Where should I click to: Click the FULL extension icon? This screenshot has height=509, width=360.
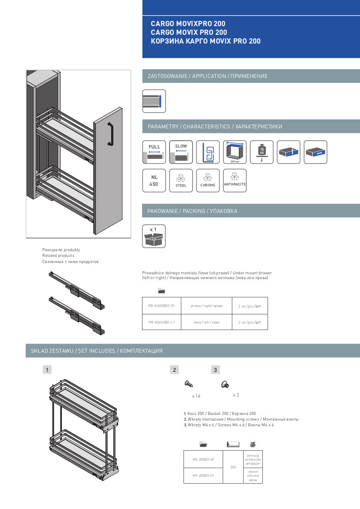pyautogui.click(x=154, y=152)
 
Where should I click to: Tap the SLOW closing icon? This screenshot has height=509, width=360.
pyautogui.click(x=181, y=152)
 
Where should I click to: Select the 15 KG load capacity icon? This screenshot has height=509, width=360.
pyautogui.click(x=262, y=152)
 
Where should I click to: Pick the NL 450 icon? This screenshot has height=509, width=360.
pyautogui.click(x=154, y=180)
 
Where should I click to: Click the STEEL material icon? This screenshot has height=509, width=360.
pyautogui.click(x=181, y=180)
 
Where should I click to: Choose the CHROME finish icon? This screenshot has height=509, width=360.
pyautogui.click(x=208, y=180)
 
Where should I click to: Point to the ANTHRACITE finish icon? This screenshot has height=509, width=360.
pyautogui.click(x=235, y=180)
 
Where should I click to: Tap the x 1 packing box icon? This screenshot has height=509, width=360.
pyautogui.click(x=154, y=236)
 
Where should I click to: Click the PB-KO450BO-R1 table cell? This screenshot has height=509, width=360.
pyautogui.click(x=161, y=306)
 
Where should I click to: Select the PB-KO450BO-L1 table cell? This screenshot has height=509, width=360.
pyautogui.click(x=161, y=322)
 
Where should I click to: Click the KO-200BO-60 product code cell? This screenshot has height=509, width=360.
pyautogui.click(x=203, y=459)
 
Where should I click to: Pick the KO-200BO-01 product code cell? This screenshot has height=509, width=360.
pyautogui.click(x=203, y=475)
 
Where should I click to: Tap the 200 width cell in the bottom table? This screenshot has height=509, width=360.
pyautogui.click(x=233, y=467)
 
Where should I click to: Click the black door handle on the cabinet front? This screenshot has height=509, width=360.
pyautogui.click(x=110, y=134)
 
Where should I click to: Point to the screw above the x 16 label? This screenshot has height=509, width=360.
pyautogui.click(x=189, y=384)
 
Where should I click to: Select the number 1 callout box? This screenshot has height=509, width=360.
pyautogui.click(x=47, y=370)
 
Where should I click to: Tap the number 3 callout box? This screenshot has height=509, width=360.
pyautogui.click(x=215, y=370)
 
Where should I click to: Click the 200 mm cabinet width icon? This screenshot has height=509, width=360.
pyautogui.click(x=235, y=152)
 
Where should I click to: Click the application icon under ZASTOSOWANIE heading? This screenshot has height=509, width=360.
pyautogui.click(x=154, y=101)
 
